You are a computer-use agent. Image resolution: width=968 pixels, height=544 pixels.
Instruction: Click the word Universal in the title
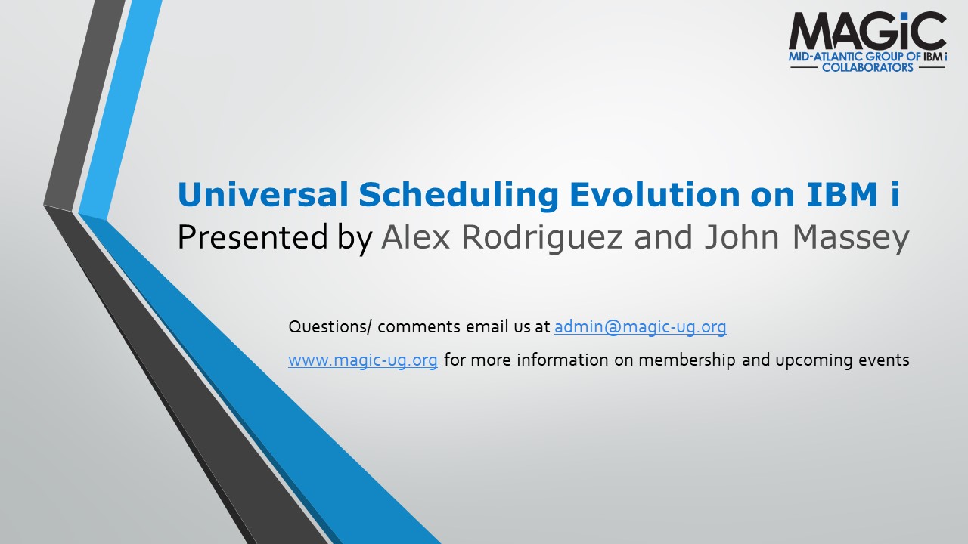click(262, 194)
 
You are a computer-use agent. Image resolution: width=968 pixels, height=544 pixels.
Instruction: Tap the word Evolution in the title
click(654, 194)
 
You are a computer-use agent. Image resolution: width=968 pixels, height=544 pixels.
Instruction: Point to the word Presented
click(253, 237)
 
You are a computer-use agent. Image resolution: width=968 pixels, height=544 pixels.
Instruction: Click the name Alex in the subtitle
click(416, 236)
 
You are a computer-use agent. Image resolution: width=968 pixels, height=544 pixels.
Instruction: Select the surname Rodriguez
click(542, 238)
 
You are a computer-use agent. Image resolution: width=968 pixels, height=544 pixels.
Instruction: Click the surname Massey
click(851, 238)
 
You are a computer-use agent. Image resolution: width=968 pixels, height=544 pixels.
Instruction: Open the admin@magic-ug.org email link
click(640, 327)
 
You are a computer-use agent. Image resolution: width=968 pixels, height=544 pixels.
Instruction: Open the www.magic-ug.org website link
click(363, 360)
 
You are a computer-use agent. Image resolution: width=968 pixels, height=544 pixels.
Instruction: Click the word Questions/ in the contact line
click(330, 327)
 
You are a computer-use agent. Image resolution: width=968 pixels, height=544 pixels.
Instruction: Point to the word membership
click(687, 360)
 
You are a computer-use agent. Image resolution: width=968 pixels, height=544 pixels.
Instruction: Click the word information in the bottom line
click(562, 360)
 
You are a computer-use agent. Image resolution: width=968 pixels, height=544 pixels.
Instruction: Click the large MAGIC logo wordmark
click(867, 31)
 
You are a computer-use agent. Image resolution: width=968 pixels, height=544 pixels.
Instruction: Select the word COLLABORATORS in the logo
click(867, 67)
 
